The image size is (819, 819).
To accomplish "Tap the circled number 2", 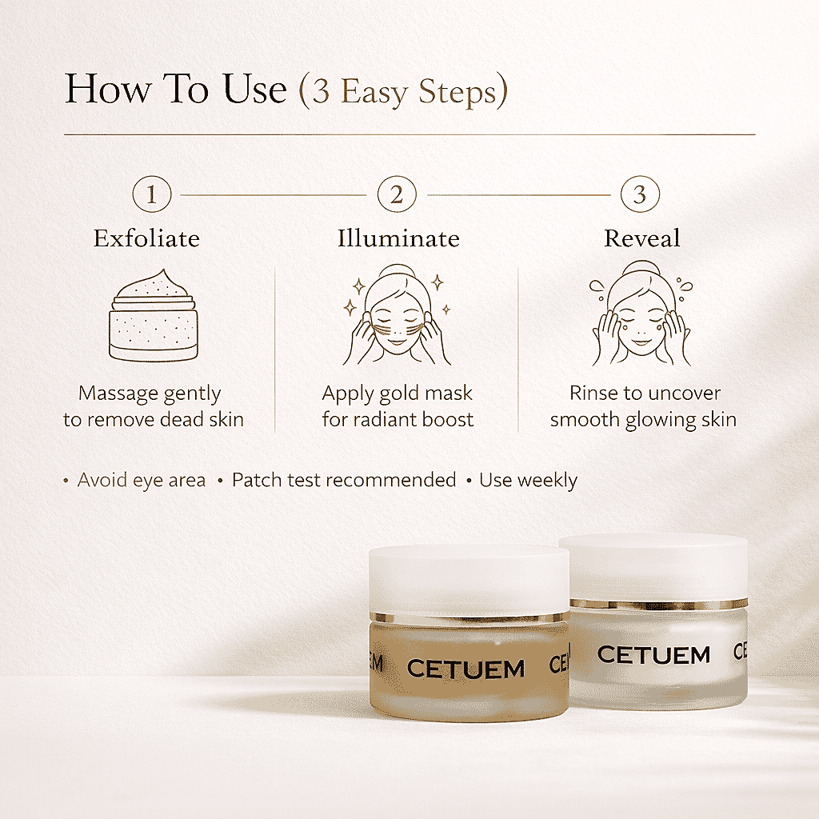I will coord(398,194).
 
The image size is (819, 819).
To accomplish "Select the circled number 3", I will coord(640,194).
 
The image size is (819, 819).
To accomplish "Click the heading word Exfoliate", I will coord(146,238).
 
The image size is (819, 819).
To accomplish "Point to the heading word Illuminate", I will coord(398,238).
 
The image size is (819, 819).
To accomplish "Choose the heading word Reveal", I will coord(642,238).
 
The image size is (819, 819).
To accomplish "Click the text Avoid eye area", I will coord(141,481).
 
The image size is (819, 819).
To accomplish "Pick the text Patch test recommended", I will coord(344,481).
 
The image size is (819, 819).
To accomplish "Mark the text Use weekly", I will coord(528,481).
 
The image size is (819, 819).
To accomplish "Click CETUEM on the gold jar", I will coord(465,669).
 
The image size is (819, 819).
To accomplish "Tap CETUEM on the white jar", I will coord(653,655).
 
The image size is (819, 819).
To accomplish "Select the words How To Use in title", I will coord(175,89).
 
